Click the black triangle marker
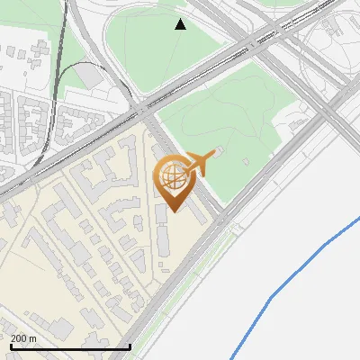(180, 24)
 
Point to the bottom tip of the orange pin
(172, 211)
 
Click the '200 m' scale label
(23, 338)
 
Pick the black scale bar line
(70, 346)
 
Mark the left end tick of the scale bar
(10, 345)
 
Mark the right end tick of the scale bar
(130, 345)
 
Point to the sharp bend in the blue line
(272, 296)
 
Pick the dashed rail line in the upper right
(297, 27)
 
